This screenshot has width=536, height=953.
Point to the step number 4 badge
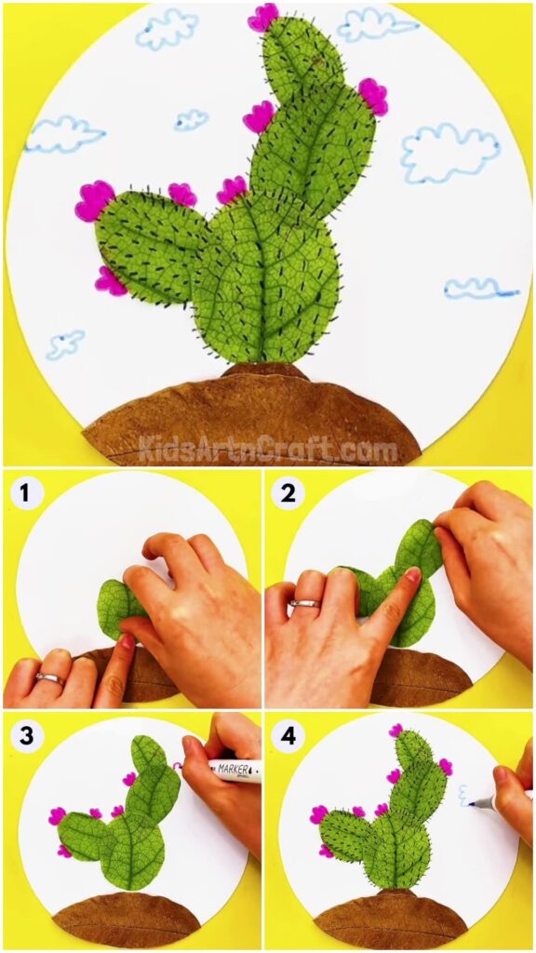pyautogui.click(x=288, y=736)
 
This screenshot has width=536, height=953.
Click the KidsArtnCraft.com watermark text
pyautogui.click(x=268, y=451)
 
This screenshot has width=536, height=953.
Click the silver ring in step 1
pyautogui.click(x=48, y=678)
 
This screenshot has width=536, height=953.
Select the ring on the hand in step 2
pyautogui.click(x=303, y=605)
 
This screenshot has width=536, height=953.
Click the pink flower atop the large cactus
pyautogui.click(x=263, y=17)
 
